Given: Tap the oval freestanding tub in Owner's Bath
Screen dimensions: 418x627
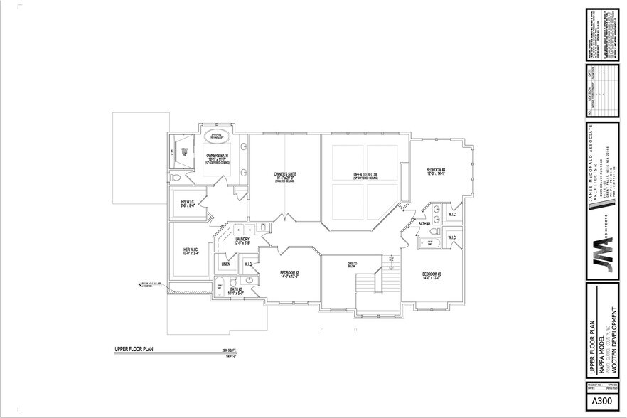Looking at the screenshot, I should pyautogui.click(x=216, y=138).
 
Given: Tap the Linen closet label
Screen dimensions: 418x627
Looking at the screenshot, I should pyautogui.click(x=225, y=264).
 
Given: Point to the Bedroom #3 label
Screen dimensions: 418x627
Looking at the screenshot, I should pyautogui.click(x=432, y=276).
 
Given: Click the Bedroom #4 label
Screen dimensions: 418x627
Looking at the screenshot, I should pyautogui.click(x=435, y=171).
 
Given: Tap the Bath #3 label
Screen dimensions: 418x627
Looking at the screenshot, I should pyautogui.click(x=424, y=224).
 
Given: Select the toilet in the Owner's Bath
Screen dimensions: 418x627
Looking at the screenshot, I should pyautogui.click(x=178, y=176).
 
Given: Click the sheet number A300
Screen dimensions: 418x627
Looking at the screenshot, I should pyautogui.click(x=601, y=402).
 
